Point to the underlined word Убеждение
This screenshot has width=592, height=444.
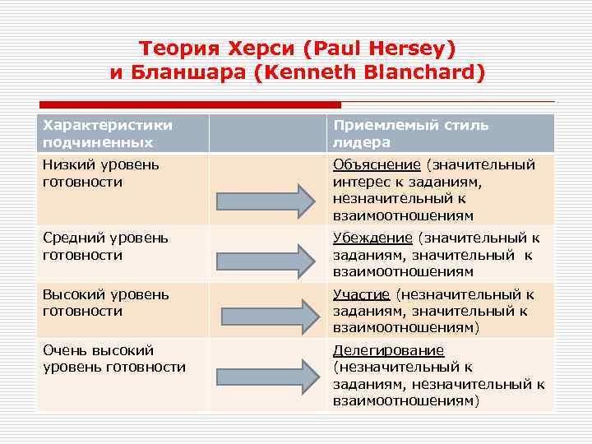click(372, 238)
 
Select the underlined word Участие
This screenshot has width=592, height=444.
click(362, 294)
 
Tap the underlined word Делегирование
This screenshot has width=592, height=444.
click(388, 350)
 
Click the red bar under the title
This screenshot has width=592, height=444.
click(189, 105)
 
